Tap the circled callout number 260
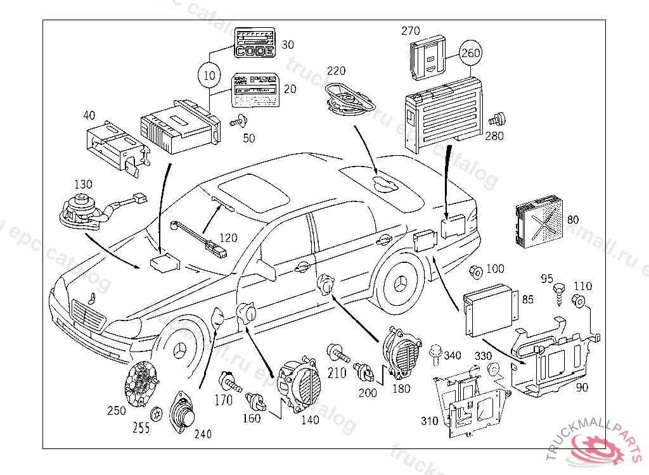click(x=471, y=53)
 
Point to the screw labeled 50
click(x=239, y=120)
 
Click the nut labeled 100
click(x=475, y=272)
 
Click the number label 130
click(x=83, y=184)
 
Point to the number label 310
click(x=430, y=421)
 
